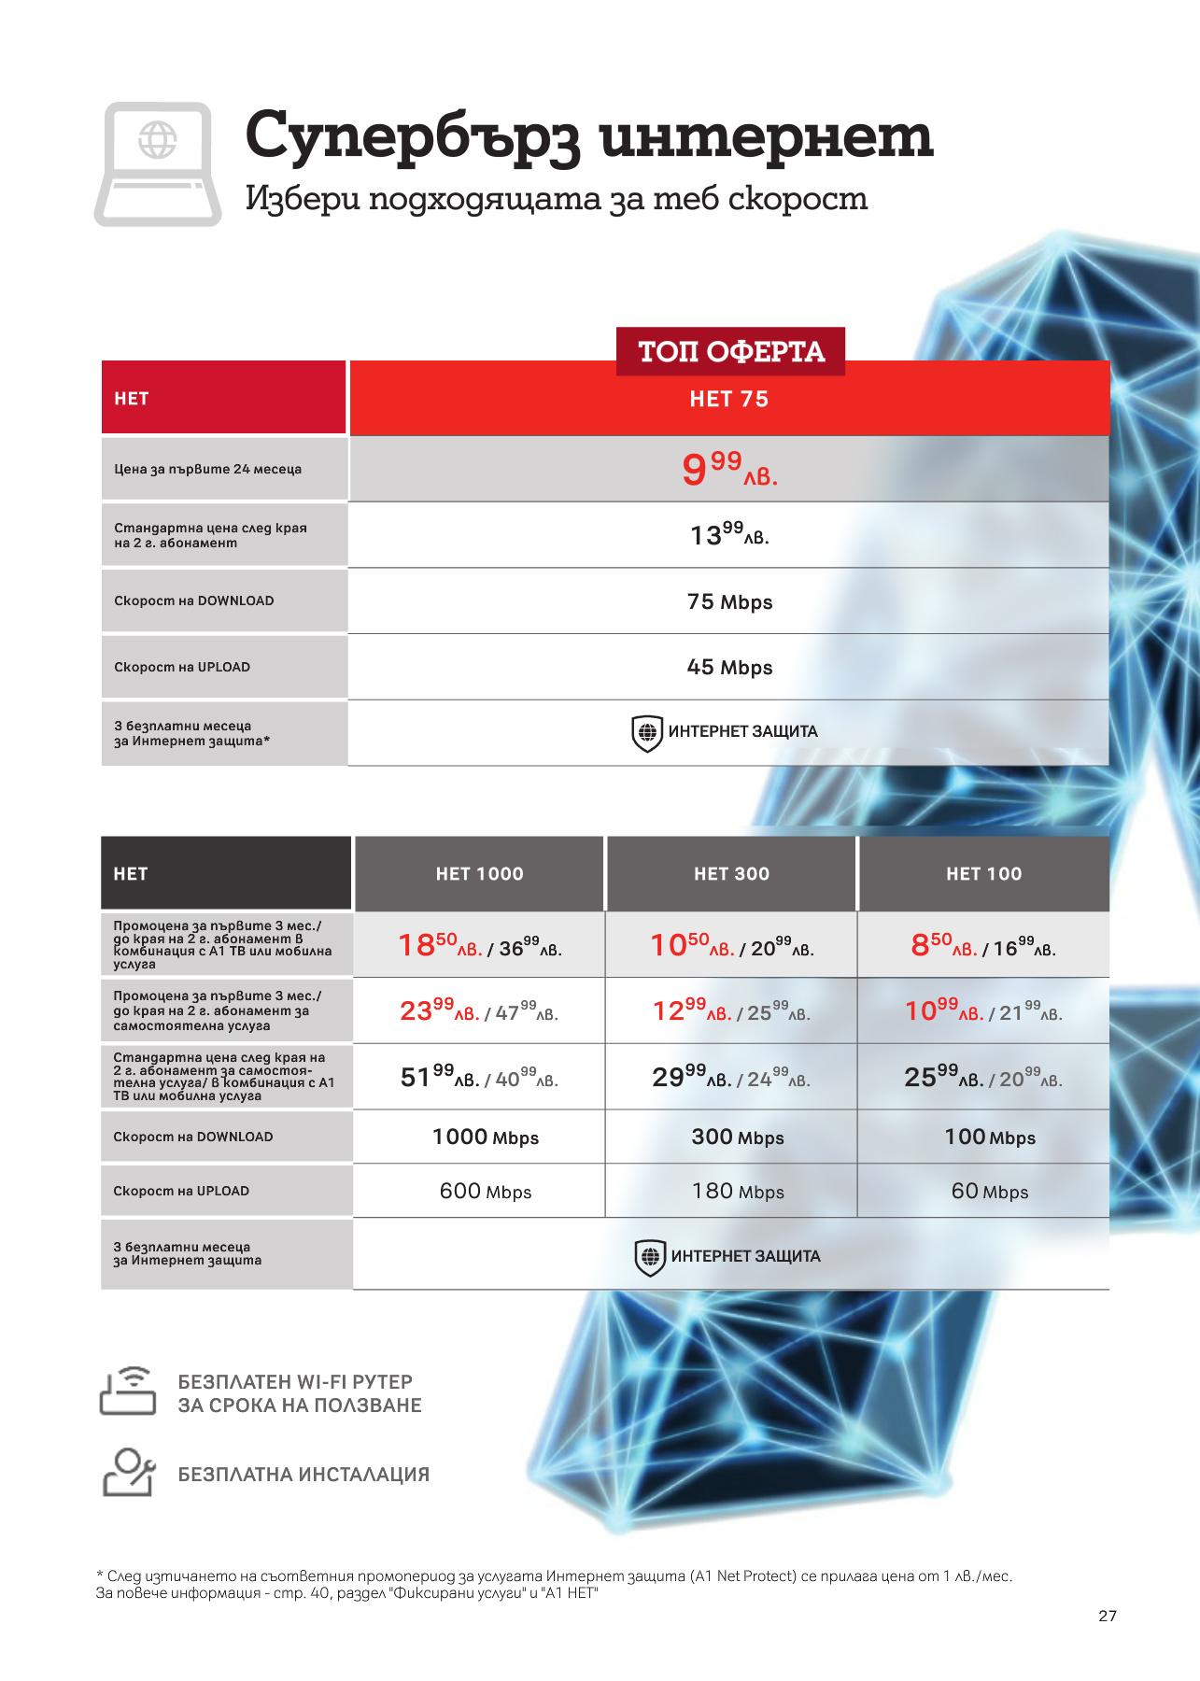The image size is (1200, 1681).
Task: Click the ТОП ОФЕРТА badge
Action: pos(730,352)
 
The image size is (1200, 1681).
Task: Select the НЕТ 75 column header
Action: pos(728,400)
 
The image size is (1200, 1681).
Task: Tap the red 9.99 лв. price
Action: pos(728,469)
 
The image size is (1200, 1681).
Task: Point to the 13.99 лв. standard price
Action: pos(728,535)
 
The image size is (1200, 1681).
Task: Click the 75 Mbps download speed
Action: pos(729,602)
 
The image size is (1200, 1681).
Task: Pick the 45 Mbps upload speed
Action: pos(729,668)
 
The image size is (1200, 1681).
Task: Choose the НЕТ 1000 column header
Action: pos(479,874)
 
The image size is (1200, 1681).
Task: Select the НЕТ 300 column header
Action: pos(731,874)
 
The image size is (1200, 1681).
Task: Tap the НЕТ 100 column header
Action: pos(983,874)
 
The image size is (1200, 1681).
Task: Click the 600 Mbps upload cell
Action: pos(485,1192)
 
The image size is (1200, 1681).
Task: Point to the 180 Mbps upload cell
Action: pos(737,1192)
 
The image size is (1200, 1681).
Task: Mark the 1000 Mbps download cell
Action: pos(485,1137)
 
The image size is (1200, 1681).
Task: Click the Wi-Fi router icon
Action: pos(128,1392)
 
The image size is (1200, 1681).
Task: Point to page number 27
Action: pos(1107,1617)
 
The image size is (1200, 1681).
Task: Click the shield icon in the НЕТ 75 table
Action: pos(647,733)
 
